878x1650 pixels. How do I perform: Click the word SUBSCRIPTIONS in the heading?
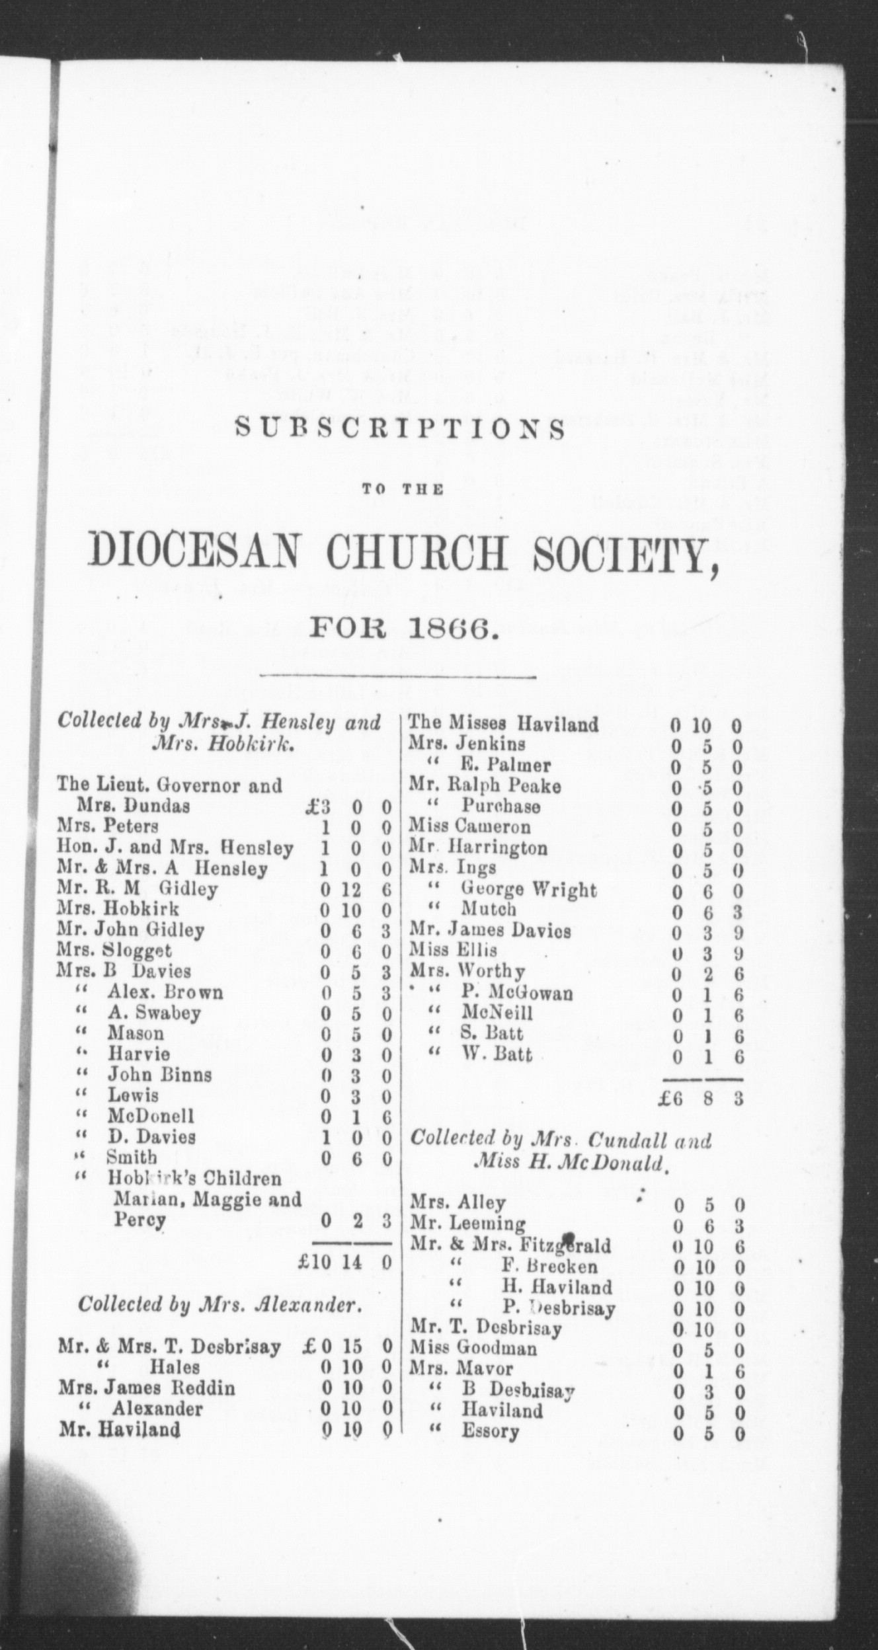(401, 430)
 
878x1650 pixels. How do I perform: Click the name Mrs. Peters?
(108, 826)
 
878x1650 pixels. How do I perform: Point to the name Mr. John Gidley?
(130, 930)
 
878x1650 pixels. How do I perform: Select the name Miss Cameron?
(469, 827)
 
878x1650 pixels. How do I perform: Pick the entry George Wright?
(528, 890)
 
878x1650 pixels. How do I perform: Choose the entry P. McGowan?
(516, 993)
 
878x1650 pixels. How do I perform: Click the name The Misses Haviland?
(504, 724)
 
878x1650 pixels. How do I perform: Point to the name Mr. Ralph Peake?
(485, 786)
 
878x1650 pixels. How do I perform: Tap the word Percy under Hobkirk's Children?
(139, 1220)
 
